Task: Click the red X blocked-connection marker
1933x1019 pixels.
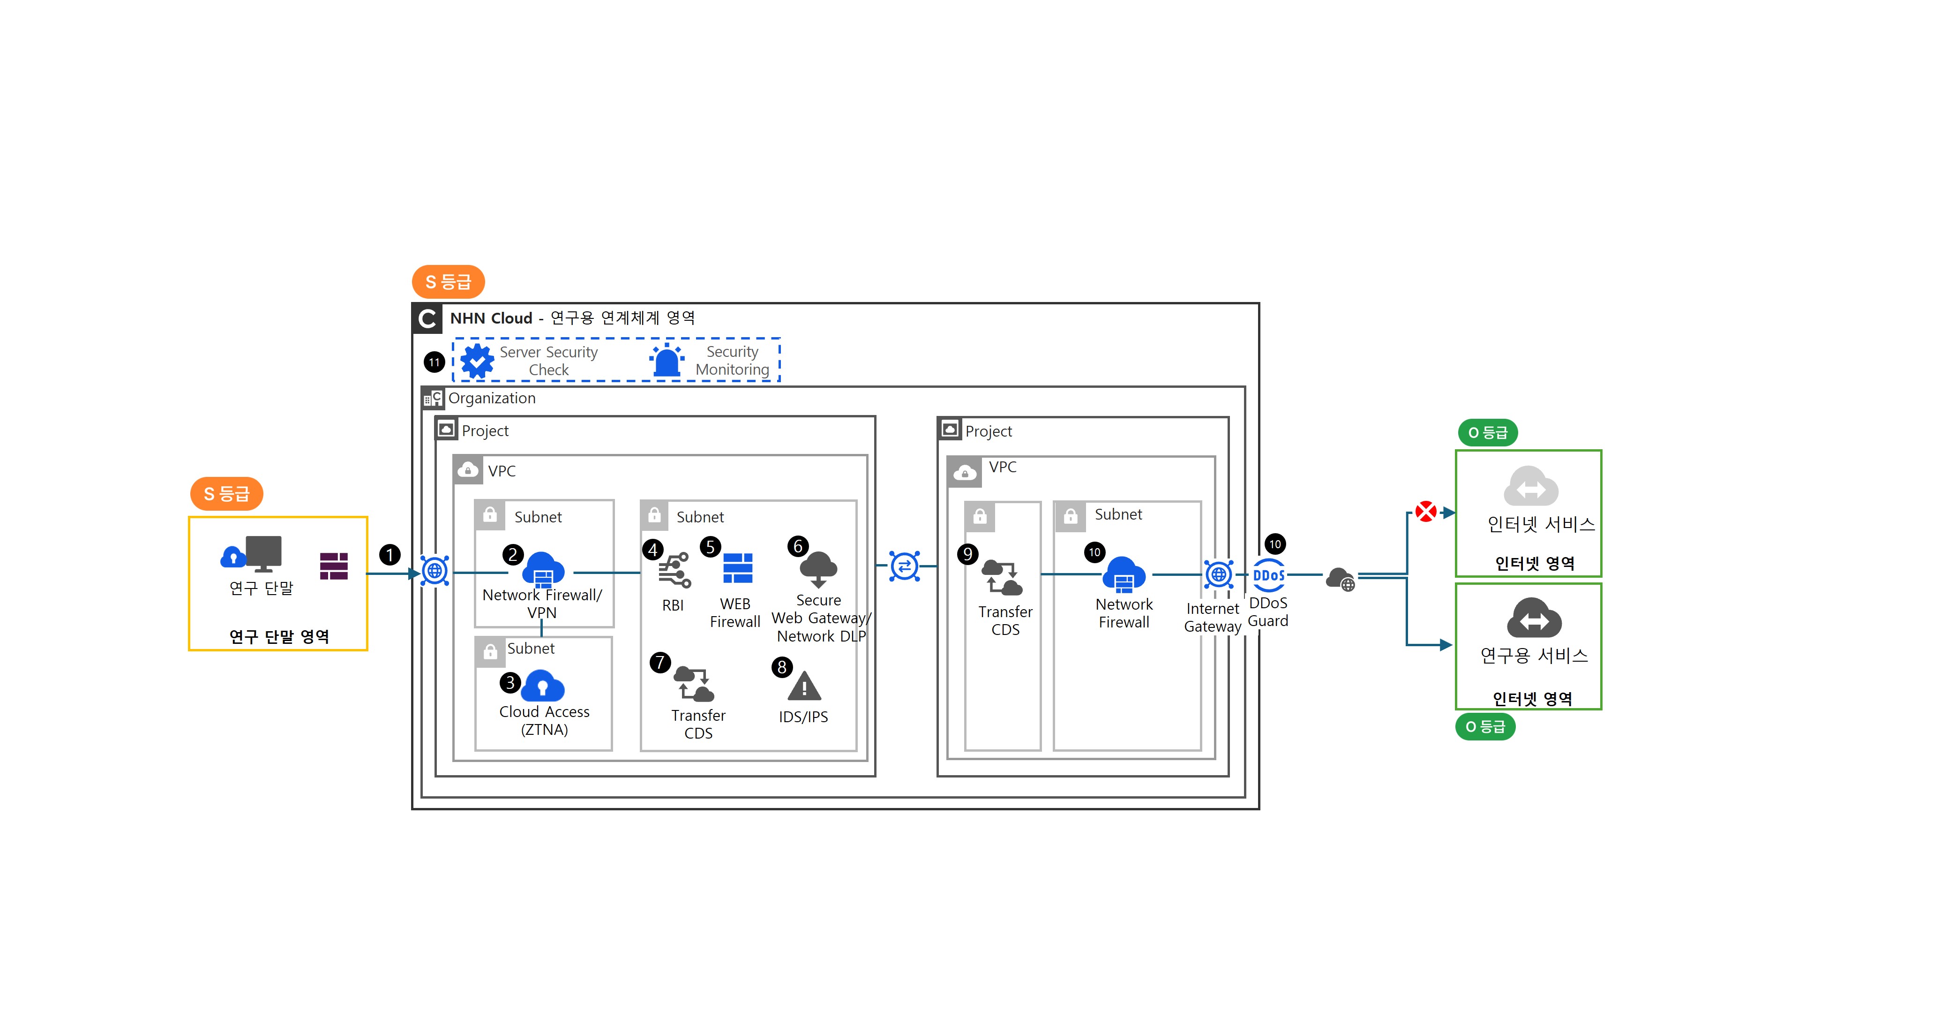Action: pyautogui.click(x=1426, y=512)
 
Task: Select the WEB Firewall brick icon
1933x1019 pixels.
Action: pyautogui.click(x=738, y=568)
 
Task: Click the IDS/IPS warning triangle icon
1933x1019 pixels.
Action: pyautogui.click(x=804, y=687)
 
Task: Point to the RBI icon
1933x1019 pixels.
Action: pyautogui.click(x=674, y=571)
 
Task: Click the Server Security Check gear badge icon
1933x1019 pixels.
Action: pyautogui.click(x=477, y=361)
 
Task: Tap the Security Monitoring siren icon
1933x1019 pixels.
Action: pyautogui.click(x=667, y=361)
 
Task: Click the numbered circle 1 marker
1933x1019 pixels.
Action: pyautogui.click(x=390, y=555)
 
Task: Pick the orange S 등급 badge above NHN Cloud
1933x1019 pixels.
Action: pyautogui.click(x=448, y=281)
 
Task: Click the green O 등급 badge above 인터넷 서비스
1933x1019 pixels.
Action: pyautogui.click(x=1487, y=432)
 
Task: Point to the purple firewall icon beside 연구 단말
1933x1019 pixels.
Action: pyautogui.click(x=334, y=566)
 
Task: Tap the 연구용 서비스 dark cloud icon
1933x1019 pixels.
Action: pyautogui.click(x=1534, y=618)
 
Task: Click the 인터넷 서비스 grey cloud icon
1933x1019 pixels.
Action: pyautogui.click(x=1531, y=487)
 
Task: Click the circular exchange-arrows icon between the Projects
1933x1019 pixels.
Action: pyautogui.click(x=904, y=566)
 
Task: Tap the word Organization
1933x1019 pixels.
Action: pyautogui.click(x=492, y=398)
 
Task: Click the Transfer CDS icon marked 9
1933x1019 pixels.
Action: pyautogui.click(x=1003, y=577)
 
